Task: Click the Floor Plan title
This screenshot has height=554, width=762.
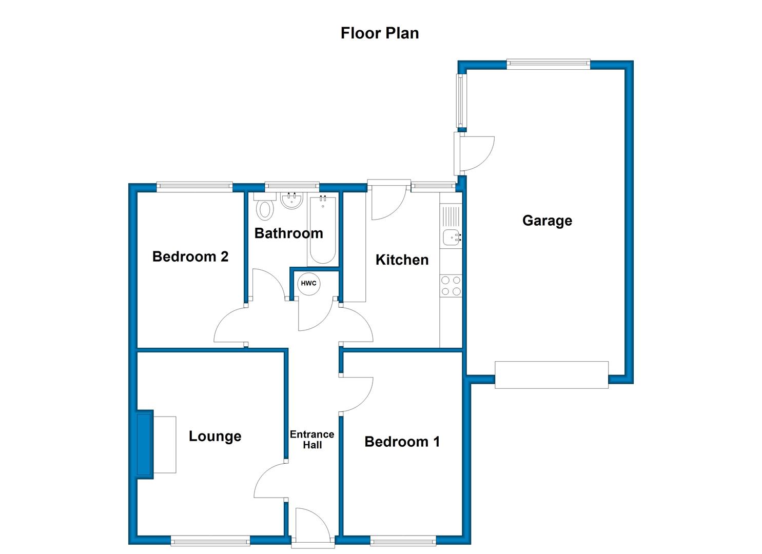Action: pyautogui.click(x=380, y=33)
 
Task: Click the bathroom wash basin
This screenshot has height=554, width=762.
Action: pyautogui.click(x=291, y=201)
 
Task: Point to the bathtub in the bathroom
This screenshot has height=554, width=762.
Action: pyautogui.click(x=322, y=230)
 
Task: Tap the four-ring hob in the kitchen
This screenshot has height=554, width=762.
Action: pyautogui.click(x=451, y=286)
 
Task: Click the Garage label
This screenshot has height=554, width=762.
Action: pyautogui.click(x=547, y=221)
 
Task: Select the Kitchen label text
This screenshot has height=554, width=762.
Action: pyautogui.click(x=402, y=260)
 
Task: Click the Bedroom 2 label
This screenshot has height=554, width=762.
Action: pyautogui.click(x=190, y=256)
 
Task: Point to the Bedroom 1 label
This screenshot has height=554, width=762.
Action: pyautogui.click(x=402, y=442)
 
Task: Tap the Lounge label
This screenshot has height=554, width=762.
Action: pyautogui.click(x=215, y=437)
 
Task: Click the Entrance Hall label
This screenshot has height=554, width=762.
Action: pyautogui.click(x=312, y=440)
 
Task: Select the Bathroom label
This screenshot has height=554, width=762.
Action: pyautogui.click(x=289, y=233)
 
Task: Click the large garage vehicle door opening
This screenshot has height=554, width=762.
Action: pyautogui.click(x=552, y=375)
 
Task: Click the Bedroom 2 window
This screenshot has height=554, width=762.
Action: pyautogui.click(x=194, y=187)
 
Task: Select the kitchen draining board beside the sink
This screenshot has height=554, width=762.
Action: pyautogui.click(x=451, y=216)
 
